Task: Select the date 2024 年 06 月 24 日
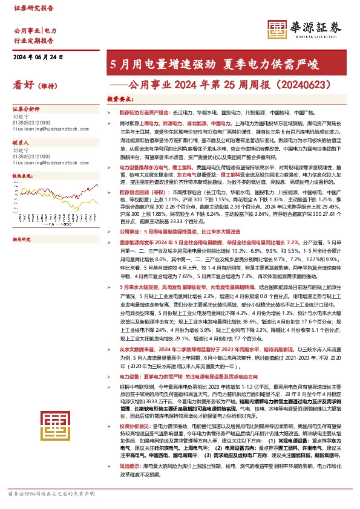tap(39, 57)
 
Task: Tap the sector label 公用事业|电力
tap(35, 30)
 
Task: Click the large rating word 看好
tap(23, 85)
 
